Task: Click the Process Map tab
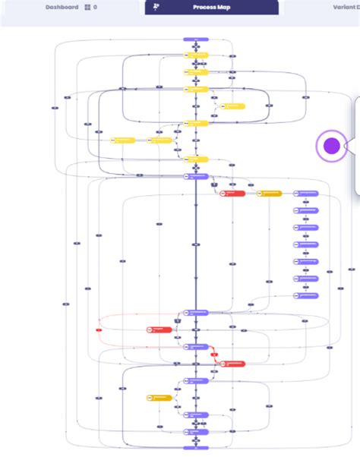click(211, 7)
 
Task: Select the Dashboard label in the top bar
click(62, 7)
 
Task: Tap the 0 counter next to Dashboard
click(95, 7)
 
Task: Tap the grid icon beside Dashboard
click(87, 7)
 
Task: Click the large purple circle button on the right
click(331, 146)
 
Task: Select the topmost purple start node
click(195, 39)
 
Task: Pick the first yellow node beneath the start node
click(195, 55)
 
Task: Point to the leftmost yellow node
click(122, 140)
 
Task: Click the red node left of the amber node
click(232, 194)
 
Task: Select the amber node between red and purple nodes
click(269, 194)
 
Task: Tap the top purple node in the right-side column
click(306, 194)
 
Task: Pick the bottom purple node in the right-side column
click(306, 295)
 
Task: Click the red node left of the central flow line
click(159, 329)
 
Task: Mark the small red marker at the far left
click(99, 329)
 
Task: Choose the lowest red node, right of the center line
click(232, 364)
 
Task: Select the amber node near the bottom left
click(159, 397)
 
